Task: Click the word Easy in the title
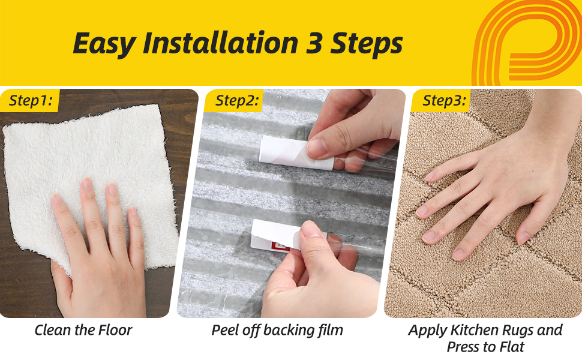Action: tap(102, 44)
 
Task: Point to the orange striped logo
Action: tap(527, 42)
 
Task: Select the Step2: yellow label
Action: tap(236, 101)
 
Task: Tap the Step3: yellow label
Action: tap(443, 101)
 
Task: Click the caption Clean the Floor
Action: tap(83, 329)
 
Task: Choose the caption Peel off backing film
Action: tap(277, 329)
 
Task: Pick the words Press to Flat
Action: tap(485, 347)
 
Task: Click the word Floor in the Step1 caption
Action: tap(116, 329)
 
